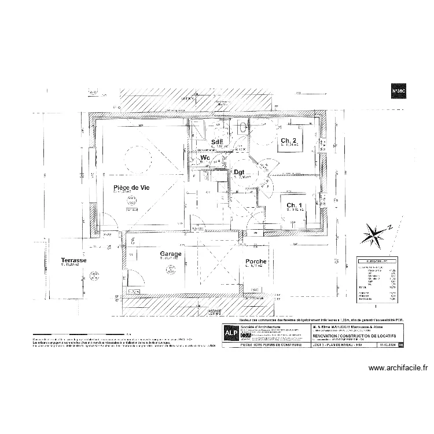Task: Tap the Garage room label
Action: pyautogui.click(x=171, y=254)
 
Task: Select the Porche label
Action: pyautogui.click(x=255, y=262)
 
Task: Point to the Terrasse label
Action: pyautogui.click(x=74, y=262)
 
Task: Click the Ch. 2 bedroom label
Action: pyautogui.click(x=289, y=141)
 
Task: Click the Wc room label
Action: pyautogui.click(x=205, y=157)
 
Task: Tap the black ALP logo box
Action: pyautogui.click(x=230, y=335)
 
